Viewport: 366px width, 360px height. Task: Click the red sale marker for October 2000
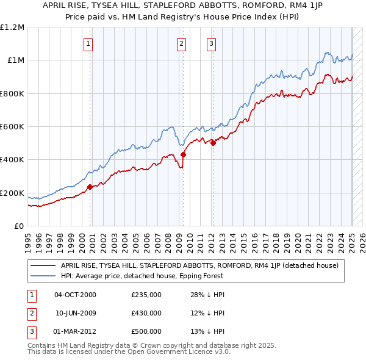pos(90,187)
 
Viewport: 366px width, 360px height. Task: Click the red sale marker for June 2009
pos(183,155)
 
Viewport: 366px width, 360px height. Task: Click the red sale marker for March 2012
pos(213,143)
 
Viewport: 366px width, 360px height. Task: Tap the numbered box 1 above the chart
pos(89,43)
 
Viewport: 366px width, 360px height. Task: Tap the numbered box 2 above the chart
pos(182,43)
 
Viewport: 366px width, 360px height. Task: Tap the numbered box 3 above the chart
pos(211,43)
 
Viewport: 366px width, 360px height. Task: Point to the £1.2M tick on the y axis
pos(12,27)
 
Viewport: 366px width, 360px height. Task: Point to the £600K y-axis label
pos(12,127)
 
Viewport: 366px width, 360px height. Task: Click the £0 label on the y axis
pos(19,226)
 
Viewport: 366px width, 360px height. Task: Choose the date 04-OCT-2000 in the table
pos(76,295)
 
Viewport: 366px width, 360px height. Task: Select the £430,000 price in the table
pos(146,313)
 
